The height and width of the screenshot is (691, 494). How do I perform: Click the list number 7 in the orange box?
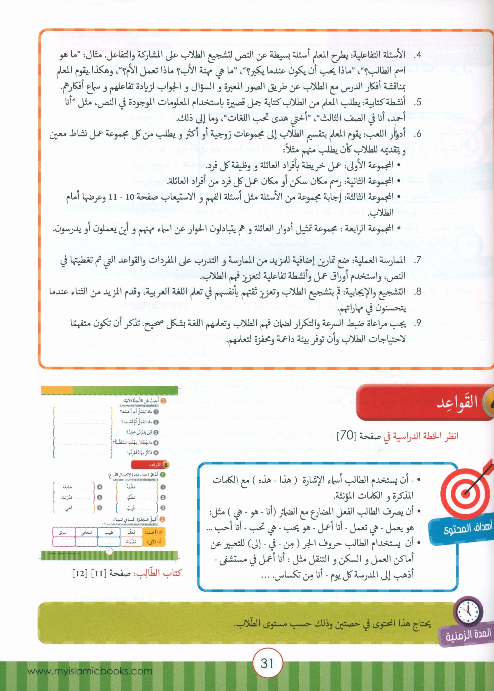[x=418, y=260]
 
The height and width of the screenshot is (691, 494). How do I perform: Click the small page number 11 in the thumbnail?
[x=110, y=551]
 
